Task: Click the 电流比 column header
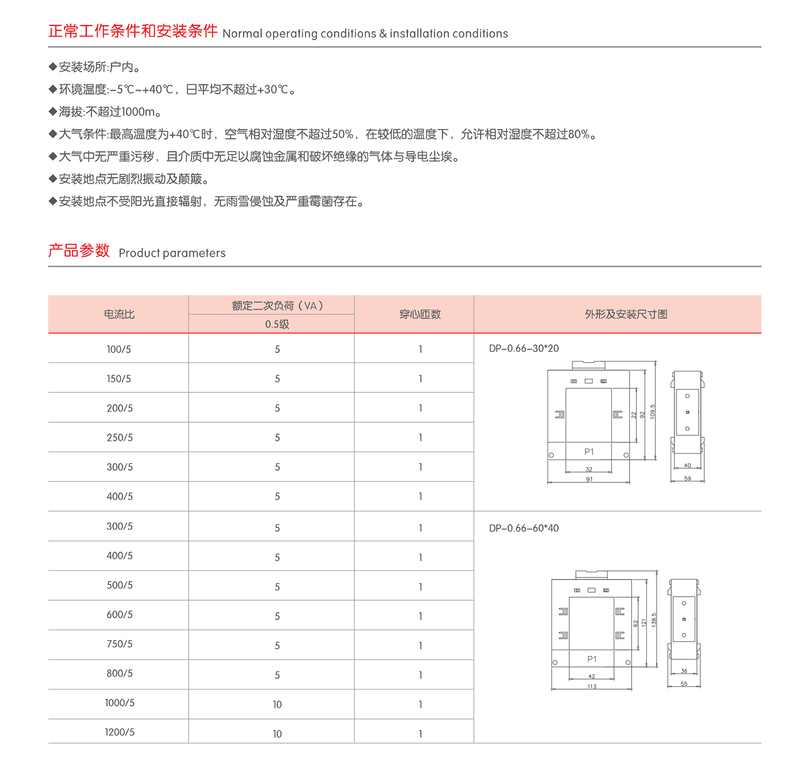click(119, 315)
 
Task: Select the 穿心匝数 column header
click(420, 315)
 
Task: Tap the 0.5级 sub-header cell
click(277, 324)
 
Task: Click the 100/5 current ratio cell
click(119, 349)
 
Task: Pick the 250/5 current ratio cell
click(120, 438)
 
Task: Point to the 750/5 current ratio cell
click(120, 644)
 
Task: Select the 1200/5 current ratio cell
click(120, 733)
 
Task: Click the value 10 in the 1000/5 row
click(277, 704)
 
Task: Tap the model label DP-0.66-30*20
click(524, 348)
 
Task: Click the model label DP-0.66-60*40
click(524, 528)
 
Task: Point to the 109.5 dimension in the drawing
click(653, 412)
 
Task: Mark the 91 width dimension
click(589, 479)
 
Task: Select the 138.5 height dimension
click(654, 620)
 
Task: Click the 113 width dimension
click(592, 687)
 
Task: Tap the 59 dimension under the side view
click(688, 478)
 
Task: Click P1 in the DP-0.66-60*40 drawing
click(592, 659)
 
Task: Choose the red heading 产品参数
click(79, 251)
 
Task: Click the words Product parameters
click(172, 253)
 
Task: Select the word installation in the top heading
click(419, 34)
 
